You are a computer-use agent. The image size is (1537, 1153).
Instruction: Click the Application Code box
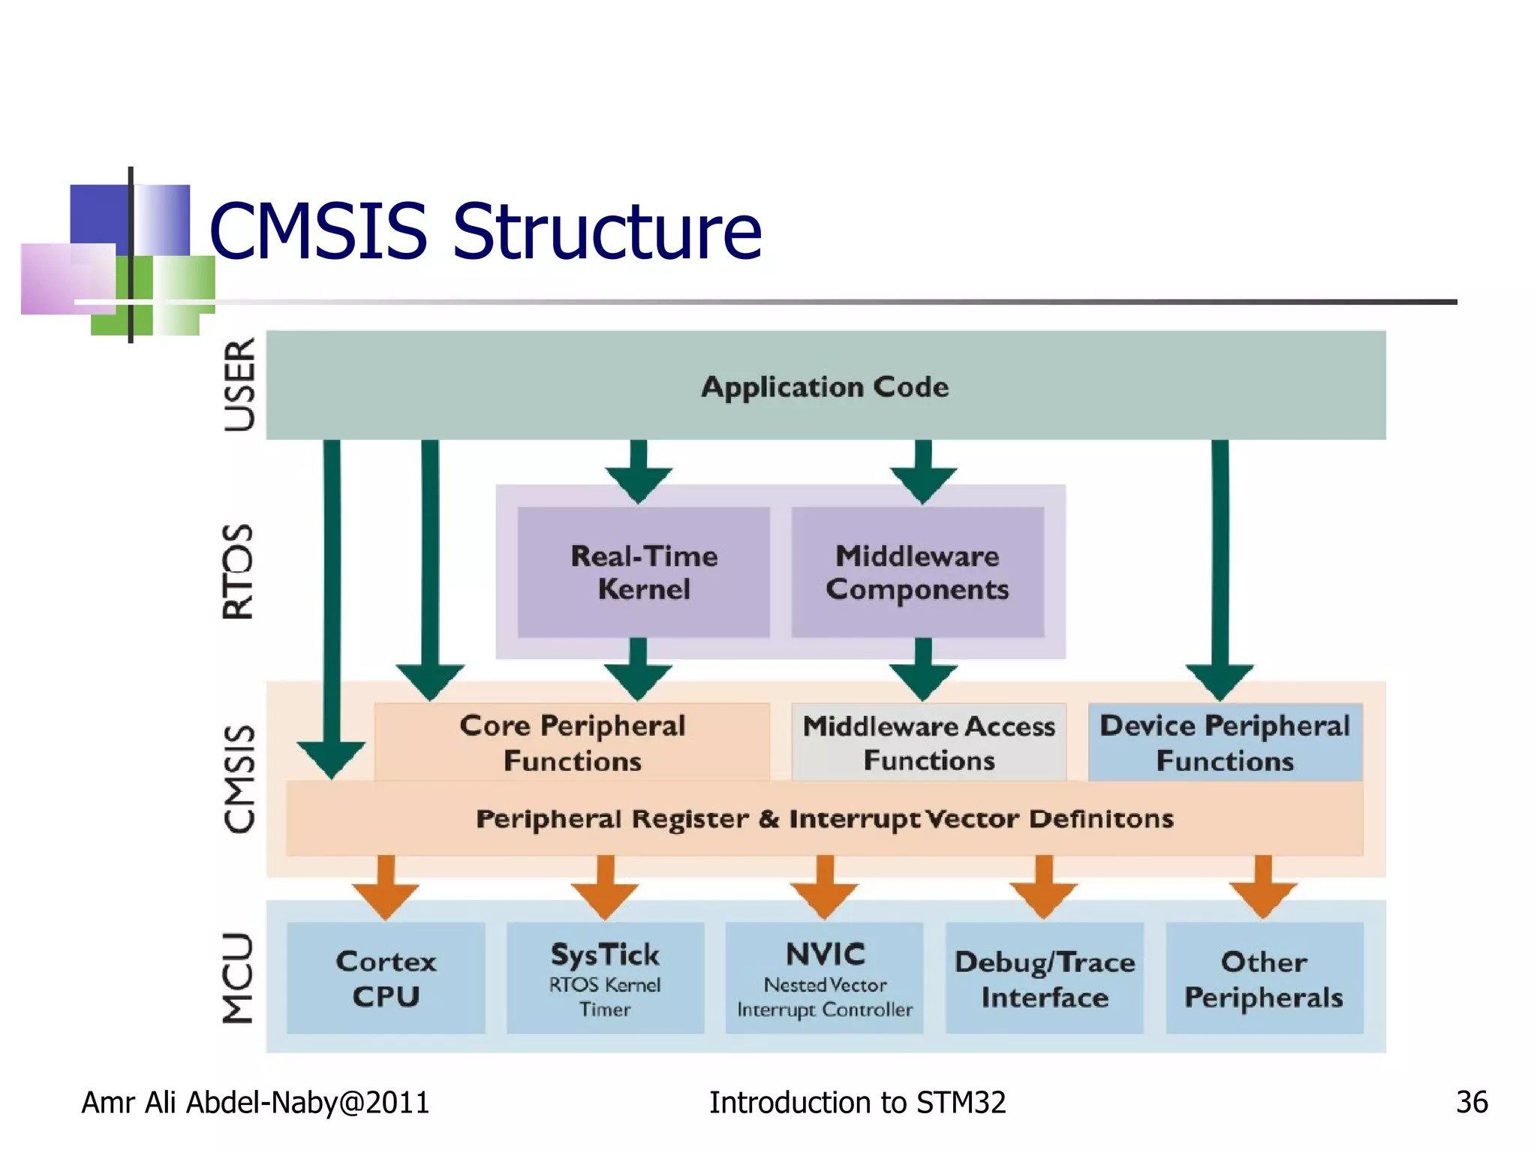coord(826,386)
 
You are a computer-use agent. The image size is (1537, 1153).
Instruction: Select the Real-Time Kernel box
coord(643,572)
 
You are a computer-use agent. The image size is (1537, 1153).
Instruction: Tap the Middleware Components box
coord(917,572)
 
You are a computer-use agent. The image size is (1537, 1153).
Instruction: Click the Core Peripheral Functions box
coord(572,742)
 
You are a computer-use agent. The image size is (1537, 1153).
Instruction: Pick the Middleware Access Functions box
coord(928,742)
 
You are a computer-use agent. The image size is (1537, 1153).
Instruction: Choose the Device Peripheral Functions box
coord(1225,742)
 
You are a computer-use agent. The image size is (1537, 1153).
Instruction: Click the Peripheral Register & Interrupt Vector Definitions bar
coord(824,818)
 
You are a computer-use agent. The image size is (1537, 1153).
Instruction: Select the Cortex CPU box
coord(386,978)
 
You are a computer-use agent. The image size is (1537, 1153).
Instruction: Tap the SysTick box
coord(605,978)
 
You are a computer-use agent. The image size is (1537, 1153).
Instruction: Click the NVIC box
coord(824,978)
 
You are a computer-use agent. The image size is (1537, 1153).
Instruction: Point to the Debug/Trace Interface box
coord(1044,978)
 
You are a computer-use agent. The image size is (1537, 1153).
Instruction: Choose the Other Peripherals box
coord(1264,978)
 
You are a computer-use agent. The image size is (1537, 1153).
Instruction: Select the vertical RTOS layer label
coord(239,571)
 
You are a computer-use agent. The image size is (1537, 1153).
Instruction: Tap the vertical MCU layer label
coord(239,977)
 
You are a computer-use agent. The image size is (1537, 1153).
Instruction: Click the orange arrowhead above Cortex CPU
coord(386,899)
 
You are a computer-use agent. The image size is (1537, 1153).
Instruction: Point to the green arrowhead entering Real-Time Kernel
coord(638,484)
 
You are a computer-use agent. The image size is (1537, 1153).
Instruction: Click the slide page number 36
coord(1471,1102)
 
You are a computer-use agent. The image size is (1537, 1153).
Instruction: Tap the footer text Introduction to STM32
coord(857,1102)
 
